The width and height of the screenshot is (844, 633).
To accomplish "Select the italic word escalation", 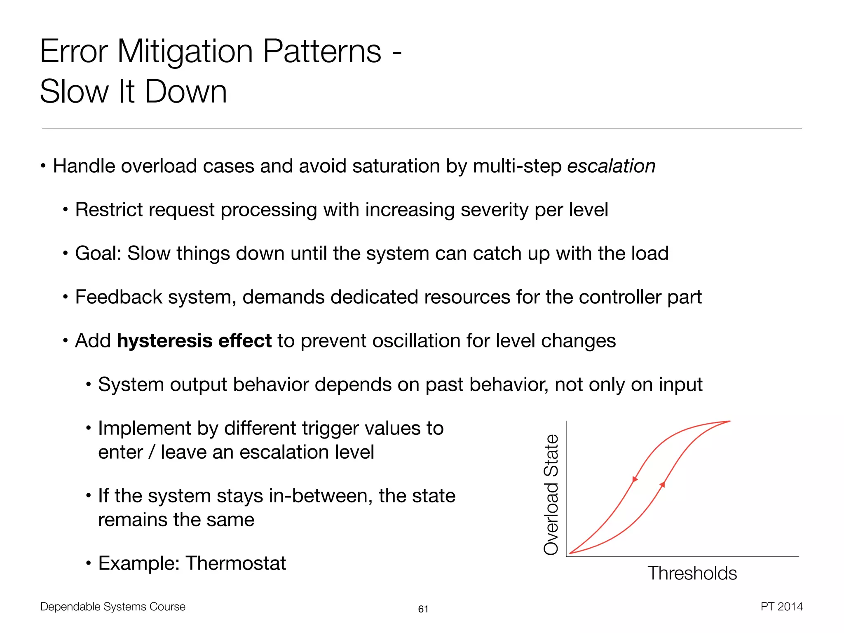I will coord(611,166).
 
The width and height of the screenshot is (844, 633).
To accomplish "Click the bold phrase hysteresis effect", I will coord(194,341).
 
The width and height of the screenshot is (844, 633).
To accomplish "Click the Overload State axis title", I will coord(551,495).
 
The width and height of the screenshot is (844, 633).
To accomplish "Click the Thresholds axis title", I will coord(692,573).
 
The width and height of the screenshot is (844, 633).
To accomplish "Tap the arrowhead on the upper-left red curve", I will coord(635,479).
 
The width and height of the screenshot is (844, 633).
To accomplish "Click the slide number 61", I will coord(423,609).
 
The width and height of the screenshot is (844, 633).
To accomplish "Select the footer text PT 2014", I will coord(781,607).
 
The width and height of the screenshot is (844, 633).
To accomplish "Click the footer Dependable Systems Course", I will coord(113,607).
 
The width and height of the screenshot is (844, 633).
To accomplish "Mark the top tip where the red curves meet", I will coord(729,421).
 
